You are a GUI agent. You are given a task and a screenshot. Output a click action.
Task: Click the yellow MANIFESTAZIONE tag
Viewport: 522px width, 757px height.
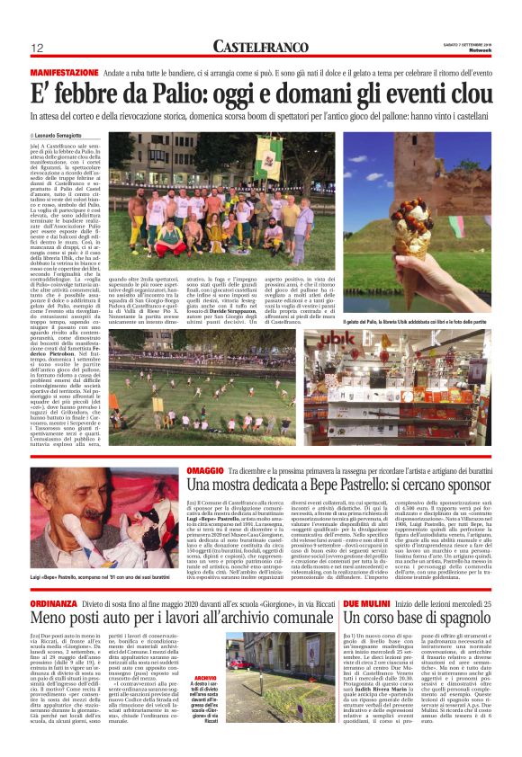click(64, 69)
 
